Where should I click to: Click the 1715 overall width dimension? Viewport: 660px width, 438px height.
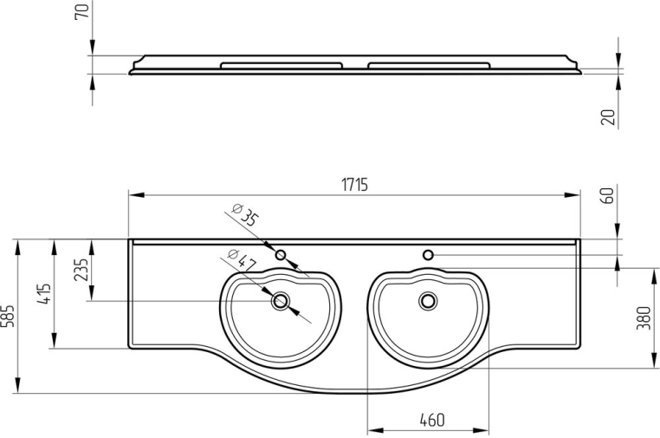coord(354,184)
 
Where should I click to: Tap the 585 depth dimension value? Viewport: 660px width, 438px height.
coord(8,315)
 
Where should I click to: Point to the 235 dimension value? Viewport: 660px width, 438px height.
coord(81,271)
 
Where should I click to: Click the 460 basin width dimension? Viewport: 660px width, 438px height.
coord(430,420)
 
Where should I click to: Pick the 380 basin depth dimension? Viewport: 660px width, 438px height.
coord(644,320)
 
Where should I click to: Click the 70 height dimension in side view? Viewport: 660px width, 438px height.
coord(83,12)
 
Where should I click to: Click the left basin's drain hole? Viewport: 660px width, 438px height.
coord(280,301)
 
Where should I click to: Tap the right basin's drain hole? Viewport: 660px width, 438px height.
coord(427,301)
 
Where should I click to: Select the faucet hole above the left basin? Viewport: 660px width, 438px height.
coord(281,255)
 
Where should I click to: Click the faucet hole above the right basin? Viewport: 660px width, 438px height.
coord(428,255)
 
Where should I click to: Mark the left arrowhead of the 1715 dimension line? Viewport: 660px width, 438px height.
coord(133,195)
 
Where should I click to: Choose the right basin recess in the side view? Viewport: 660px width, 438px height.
coord(428,65)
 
